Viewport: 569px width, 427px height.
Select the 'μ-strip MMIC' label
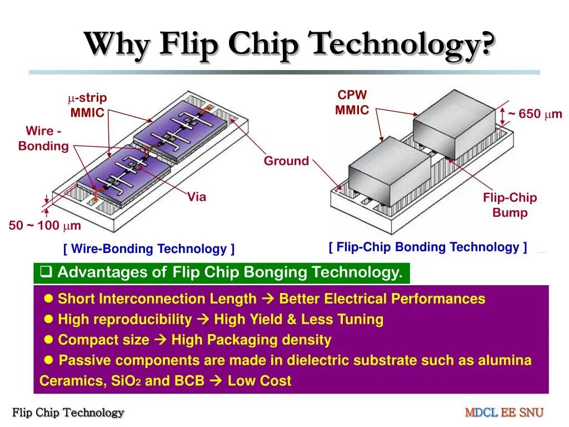[x=87, y=106]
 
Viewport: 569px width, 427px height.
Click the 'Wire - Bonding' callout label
[x=43, y=139]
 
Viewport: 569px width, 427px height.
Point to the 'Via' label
[x=197, y=197]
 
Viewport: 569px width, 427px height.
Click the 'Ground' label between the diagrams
[x=286, y=161]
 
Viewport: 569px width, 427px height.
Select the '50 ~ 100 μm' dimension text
[x=45, y=226]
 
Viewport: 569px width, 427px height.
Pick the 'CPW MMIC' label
[x=352, y=103]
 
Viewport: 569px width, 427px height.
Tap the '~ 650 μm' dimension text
[x=535, y=114]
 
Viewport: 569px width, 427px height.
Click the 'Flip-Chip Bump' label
[x=510, y=205]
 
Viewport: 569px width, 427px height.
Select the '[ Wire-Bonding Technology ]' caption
[x=149, y=249]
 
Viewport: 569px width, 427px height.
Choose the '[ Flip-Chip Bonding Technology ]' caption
[x=428, y=247]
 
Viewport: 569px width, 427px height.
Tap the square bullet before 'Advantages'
[x=47, y=272]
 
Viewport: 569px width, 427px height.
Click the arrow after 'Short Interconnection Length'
[x=267, y=299]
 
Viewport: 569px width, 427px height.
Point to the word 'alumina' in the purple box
[x=506, y=360]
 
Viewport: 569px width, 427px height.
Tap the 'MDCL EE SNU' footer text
[x=504, y=413]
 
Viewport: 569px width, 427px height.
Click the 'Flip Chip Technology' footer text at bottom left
[x=68, y=413]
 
